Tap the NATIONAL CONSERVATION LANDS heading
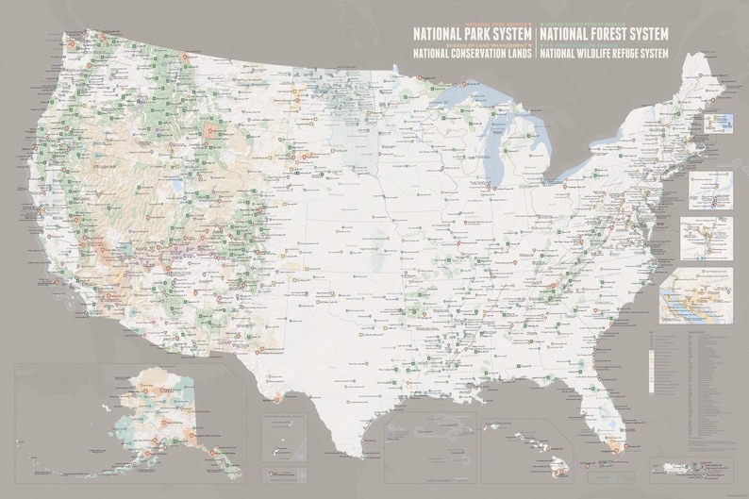(473, 54)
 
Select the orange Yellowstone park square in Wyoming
(208, 131)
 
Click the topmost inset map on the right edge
(719, 124)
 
